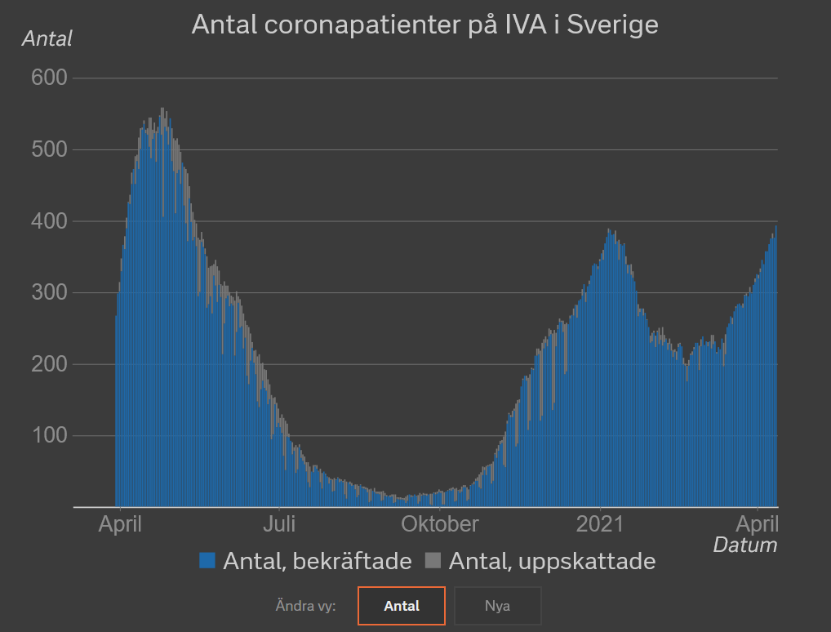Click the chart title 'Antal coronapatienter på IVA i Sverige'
click(x=424, y=24)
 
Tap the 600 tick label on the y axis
click(x=49, y=78)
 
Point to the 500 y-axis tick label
click(x=49, y=149)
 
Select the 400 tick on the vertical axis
click(x=49, y=221)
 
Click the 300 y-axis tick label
click(x=49, y=292)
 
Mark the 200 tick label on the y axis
click(x=49, y=364)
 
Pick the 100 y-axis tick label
click(x=49, y=435)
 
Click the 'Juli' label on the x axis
click(x=279, y=523)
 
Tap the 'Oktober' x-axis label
click(x=439, y=523)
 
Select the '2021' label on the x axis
click(x=599, y=523)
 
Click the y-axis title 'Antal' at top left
click(x=47, y=38)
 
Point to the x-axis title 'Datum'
click(x=744, y=545)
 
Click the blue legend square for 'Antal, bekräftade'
click(x=207, y=561)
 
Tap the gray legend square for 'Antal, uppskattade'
click(x=433, y=561)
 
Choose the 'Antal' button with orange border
click(x=402, y=606)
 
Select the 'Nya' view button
click(x=497, y=606)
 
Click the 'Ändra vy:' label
click(x=306, y=606)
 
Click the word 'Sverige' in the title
click(x=612, y=24)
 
